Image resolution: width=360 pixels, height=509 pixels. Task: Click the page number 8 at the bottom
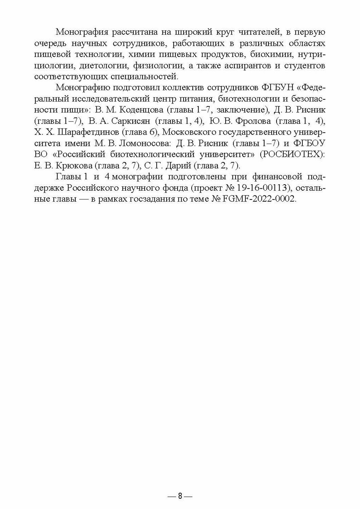[180, 496]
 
